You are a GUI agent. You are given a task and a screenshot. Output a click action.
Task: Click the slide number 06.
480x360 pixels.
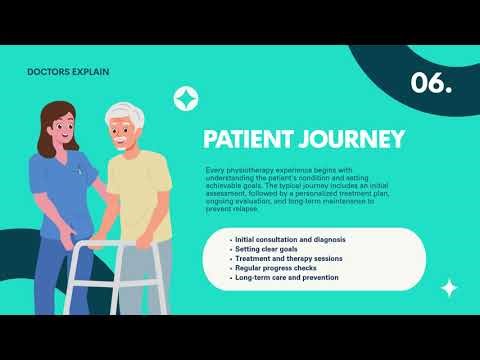pyautogui.click(x=431, y=84)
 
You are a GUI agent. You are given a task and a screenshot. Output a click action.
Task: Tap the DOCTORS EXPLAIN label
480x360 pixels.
pyautogui.click(x=70, y=72)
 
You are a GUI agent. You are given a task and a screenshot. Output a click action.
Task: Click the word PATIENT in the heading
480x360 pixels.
pyautogui.click(x=248, y=137)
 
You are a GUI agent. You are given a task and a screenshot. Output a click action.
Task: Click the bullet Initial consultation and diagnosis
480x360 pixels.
pyautogui.click(x=290, y=240)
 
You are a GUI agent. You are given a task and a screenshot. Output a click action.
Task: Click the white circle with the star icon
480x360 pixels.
pyautogui.click(x=185, y=97)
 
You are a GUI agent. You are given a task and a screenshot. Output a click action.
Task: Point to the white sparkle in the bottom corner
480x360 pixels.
pyautogui.click(x=449, y=288)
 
